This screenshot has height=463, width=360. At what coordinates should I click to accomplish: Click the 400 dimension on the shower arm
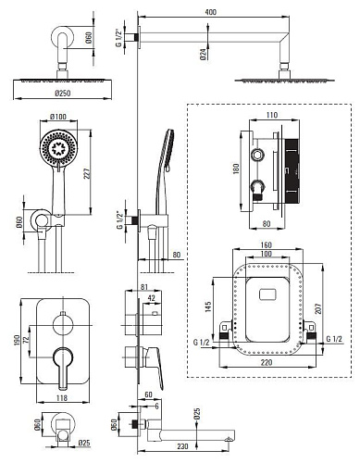click(x=210, y=12)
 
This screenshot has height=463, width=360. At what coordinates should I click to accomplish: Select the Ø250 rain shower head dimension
click(x=63, y=94)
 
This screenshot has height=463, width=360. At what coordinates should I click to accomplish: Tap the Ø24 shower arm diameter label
click(x=203, y=54)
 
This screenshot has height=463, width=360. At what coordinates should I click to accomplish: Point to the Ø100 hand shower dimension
click(x=58, y=117)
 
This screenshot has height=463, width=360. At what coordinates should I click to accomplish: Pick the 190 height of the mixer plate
click(x=17, y=341)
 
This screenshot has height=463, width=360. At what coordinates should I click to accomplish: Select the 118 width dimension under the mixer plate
click(x=62, y=398)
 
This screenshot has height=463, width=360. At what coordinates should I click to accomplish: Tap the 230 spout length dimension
click(x=182, y=446)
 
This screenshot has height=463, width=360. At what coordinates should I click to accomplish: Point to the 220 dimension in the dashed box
click(x=267, y=362)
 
